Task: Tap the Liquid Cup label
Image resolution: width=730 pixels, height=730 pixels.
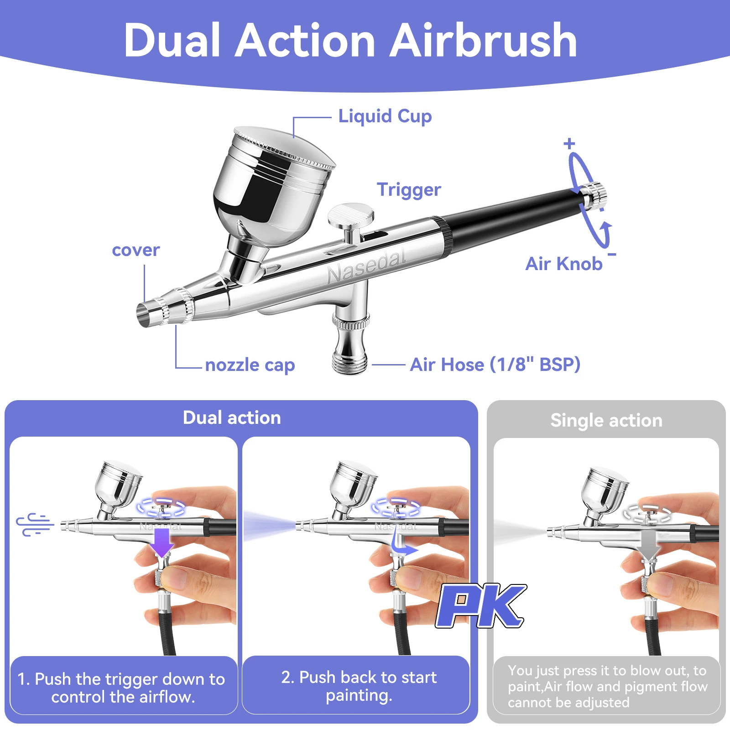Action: pyautogui.click(x=385, y=116)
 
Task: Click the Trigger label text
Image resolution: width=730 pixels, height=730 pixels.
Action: pyautogui.click(x=409, y=190)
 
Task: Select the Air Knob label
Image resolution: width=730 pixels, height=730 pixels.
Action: pyautogui.click(x=563, y=264)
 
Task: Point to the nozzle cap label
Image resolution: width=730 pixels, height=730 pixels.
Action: pyautogui.click(x=250, y=365)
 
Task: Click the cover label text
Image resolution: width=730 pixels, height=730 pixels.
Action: pyautogui.click(x=136, y=250)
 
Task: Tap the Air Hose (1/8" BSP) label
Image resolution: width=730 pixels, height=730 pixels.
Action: pyautogui.click(x=495, y=365)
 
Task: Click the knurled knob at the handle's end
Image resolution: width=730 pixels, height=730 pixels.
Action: pyautogui.click(x=595, y=195)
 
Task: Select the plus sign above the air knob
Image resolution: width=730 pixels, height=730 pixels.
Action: pyautogui.click(x=569, y=144)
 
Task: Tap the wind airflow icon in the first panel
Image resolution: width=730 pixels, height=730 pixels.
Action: pyautogui.click(x=35, y=524)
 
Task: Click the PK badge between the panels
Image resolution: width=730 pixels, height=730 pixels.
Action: pyautogui.click(x=481, y=605)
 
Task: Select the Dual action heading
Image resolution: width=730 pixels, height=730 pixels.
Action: pyautogui.click(x=232, y=418)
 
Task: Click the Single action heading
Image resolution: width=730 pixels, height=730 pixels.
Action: pyautogui.click(x=606, y=420)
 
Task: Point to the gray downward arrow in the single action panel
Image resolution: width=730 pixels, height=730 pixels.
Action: pyautogui.click(x=650, y=545)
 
